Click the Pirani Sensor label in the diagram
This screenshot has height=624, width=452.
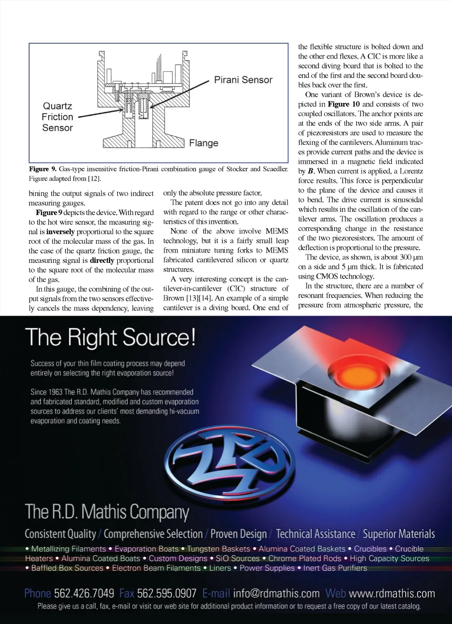(x=243, y=80)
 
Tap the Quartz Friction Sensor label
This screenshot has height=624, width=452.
(x=57, y=117)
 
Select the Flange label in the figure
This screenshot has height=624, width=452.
(x=203, y=143)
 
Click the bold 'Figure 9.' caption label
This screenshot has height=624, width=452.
(x=43, y=169)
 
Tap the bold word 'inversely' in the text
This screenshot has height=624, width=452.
(x=60, y=232)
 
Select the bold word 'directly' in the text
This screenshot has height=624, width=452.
(x=102, y=261)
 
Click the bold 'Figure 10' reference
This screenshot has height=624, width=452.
(x=343, y=104)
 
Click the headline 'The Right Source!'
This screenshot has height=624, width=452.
(x=110, y=337)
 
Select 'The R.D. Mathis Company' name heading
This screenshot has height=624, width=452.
(x=107, y=512)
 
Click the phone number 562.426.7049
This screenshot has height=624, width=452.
(x=84, y=594)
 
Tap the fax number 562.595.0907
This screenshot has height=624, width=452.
(x=166, y=594)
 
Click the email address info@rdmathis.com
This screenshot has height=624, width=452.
(x=276, y=594)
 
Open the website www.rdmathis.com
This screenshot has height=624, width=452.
(x=392, y=594)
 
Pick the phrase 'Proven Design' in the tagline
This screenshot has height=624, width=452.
(x=238, y=534)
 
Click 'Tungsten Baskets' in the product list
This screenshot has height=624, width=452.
(x=218, y=549)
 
